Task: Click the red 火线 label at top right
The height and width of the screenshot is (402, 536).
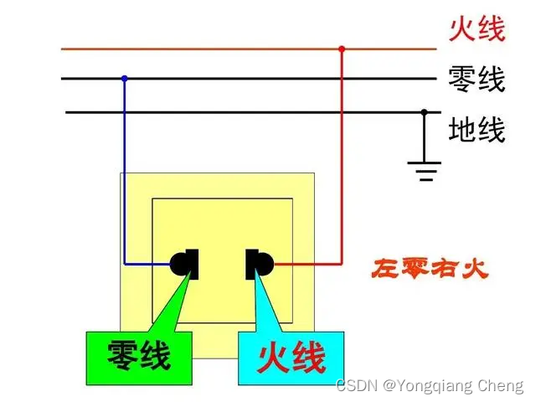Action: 477,30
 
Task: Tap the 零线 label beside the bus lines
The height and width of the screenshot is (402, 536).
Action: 477,80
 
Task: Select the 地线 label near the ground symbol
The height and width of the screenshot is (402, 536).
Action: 477,130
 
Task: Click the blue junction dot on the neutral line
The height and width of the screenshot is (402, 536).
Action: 125,79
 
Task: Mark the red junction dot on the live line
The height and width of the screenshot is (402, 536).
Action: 342,49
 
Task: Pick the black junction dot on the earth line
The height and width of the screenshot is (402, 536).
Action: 425,111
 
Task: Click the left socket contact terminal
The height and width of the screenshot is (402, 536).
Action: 185,264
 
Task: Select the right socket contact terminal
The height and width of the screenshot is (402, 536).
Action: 259,264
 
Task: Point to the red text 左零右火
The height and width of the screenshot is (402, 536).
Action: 429,270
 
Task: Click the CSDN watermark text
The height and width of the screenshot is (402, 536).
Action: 355,386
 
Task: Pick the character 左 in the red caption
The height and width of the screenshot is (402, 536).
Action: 385,270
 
